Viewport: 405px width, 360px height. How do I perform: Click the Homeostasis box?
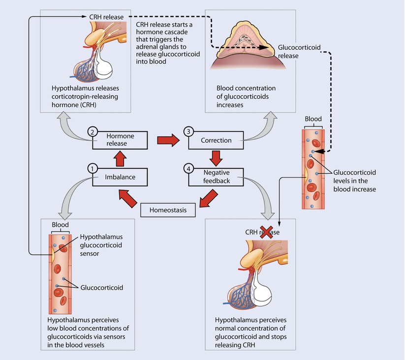167,210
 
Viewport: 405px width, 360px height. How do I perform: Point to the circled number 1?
92,168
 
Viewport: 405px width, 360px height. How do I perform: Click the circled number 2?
92,131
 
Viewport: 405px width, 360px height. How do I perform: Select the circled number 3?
187,131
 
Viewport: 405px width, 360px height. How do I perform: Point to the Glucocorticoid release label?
299,51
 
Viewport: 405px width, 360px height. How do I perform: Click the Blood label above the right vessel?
313,119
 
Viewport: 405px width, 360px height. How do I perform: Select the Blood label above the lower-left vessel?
60,224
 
